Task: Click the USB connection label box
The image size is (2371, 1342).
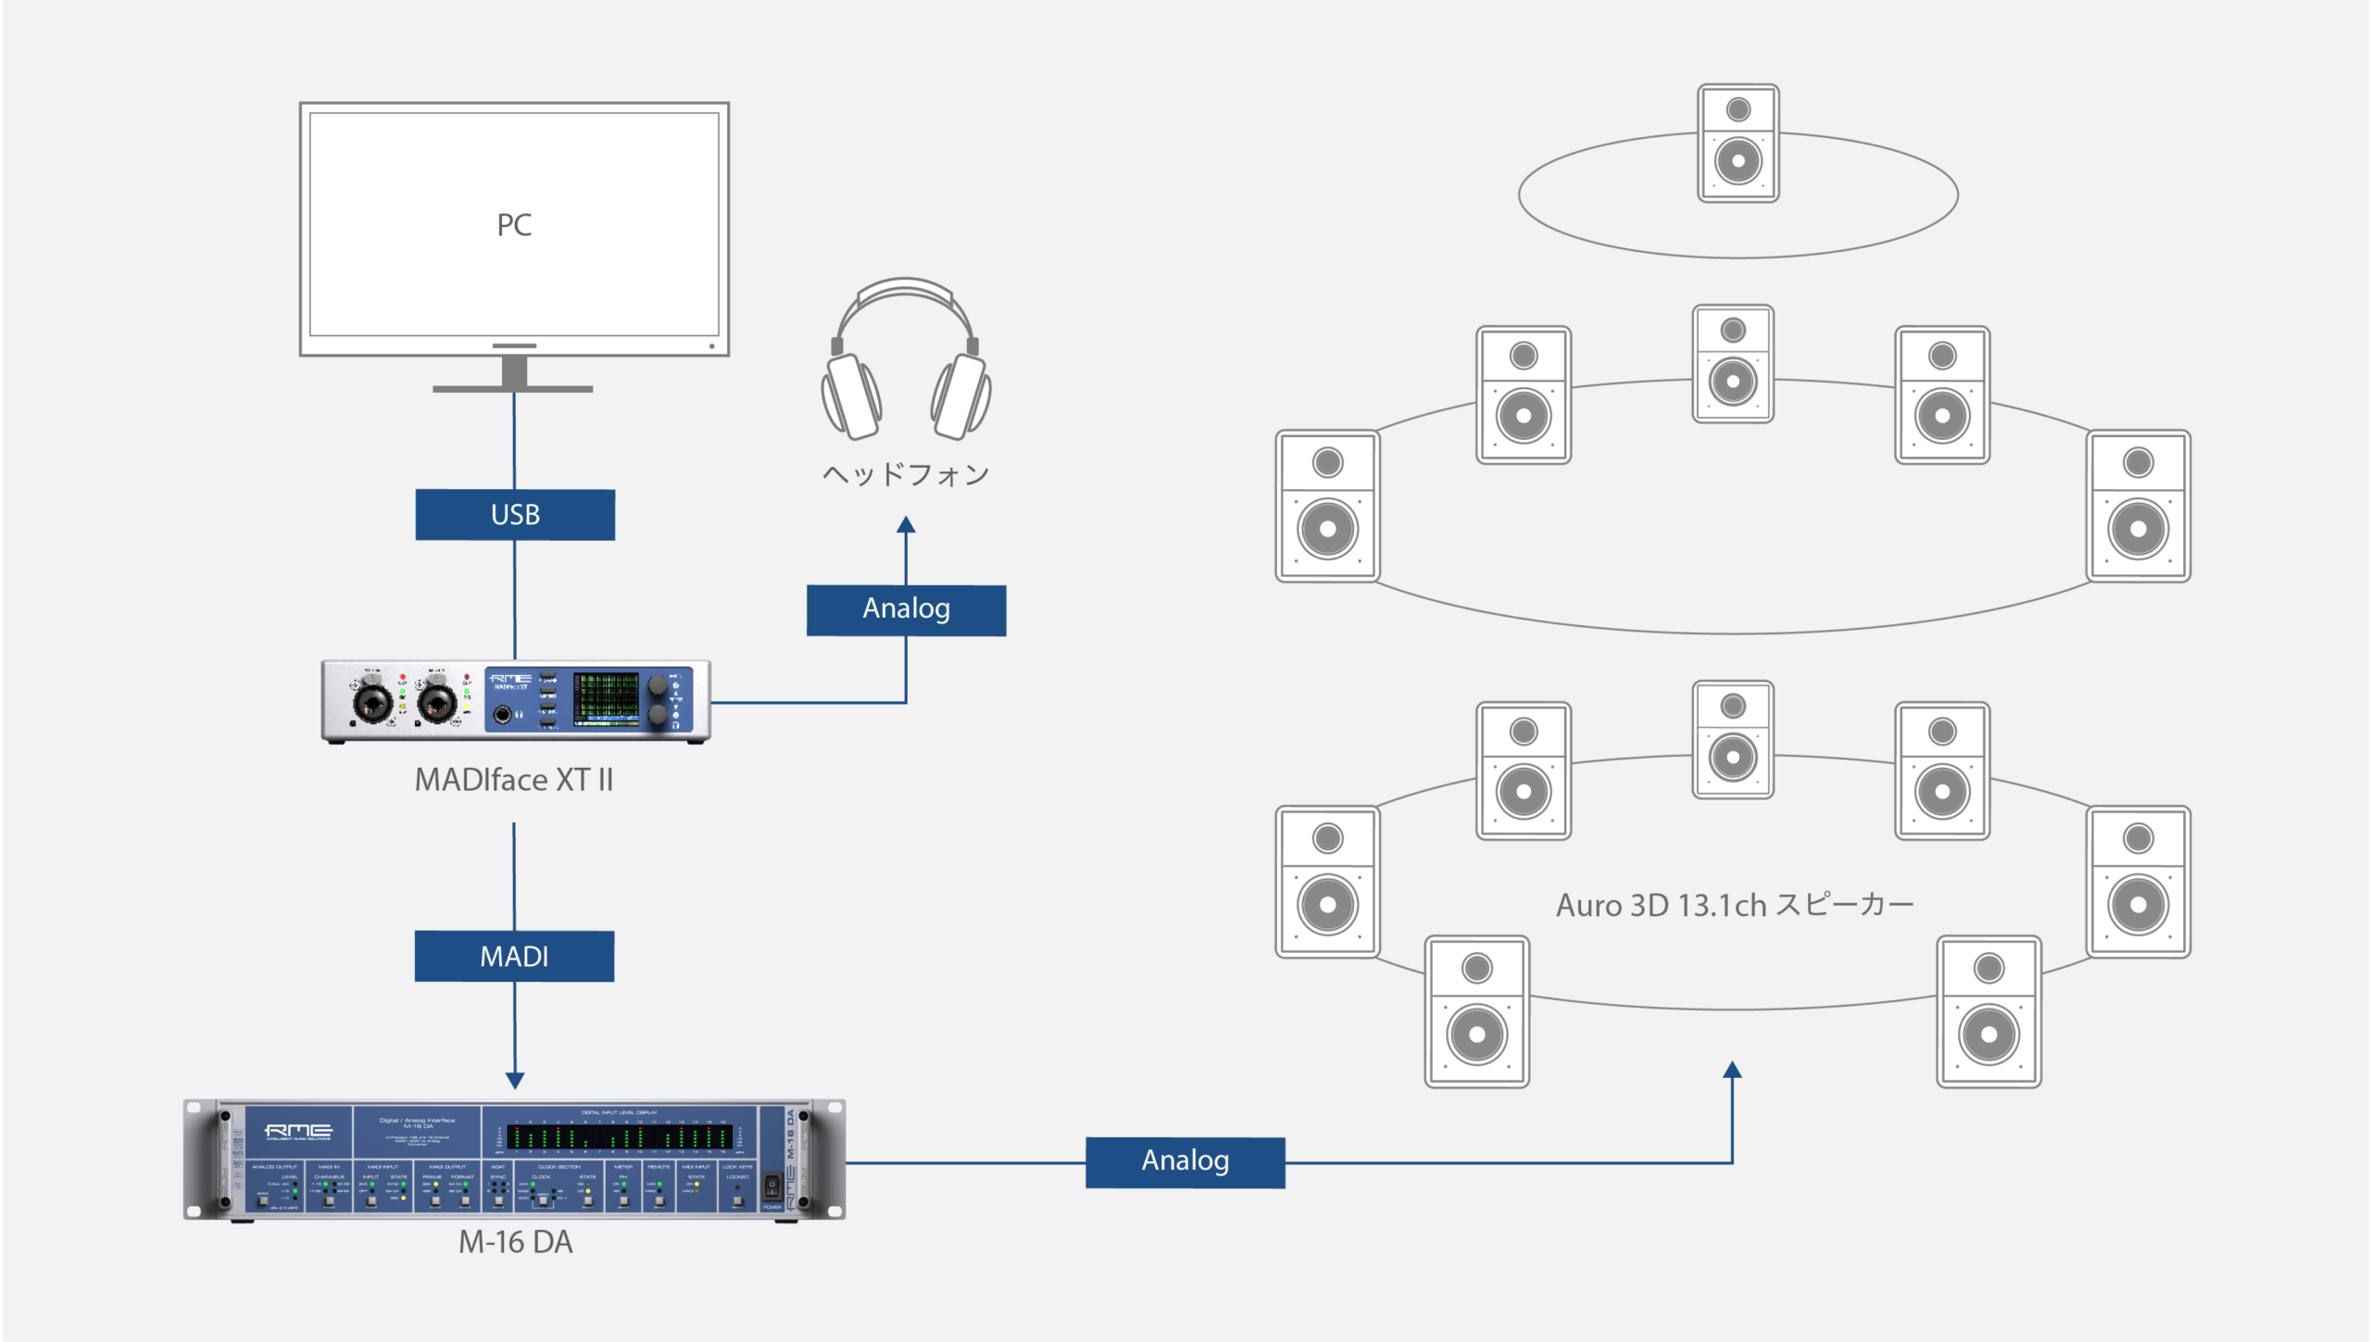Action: point(515,515)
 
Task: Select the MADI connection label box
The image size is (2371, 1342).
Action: point(514,956)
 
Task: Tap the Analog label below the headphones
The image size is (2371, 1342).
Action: point(906,609)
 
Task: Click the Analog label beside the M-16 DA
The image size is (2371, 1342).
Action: point(1185,1161)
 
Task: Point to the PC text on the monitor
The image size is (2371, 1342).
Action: point(514,225)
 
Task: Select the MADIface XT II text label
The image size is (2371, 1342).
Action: point(514,780)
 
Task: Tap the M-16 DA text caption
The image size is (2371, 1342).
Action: point(515,1242)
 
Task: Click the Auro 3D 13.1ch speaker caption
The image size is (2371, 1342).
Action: point(1734,905)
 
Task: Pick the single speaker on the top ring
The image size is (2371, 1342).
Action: point(1737,143)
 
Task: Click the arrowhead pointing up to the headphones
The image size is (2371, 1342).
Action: point(906,525)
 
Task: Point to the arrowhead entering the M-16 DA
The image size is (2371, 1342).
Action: point(515,1080)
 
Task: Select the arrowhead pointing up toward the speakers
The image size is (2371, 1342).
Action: point(1732,1070)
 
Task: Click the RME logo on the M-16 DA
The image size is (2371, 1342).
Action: point(298,1131)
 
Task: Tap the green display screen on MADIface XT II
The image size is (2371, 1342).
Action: point(606,699)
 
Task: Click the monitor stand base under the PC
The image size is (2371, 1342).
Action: point(513,388)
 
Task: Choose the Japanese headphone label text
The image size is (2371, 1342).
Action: point(906,474)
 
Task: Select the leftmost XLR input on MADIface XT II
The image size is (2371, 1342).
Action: point(372,701)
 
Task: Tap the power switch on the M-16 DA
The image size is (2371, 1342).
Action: point(772,1186)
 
